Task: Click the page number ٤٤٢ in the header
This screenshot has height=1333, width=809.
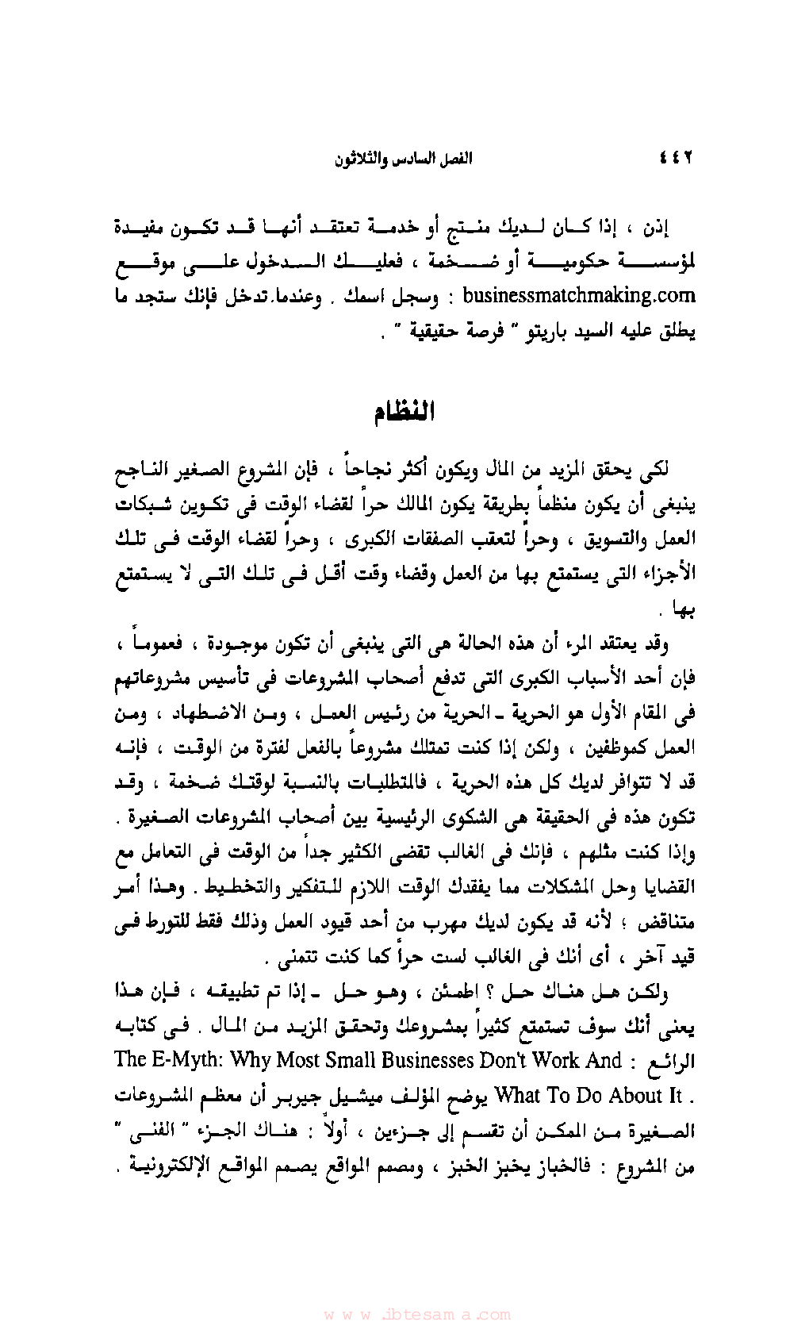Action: (677, 158)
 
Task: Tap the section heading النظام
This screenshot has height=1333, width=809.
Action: (404, 413)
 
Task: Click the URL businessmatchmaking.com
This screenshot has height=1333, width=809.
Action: (578, 296)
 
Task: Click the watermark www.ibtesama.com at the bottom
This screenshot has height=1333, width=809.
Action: (417, 1314)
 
